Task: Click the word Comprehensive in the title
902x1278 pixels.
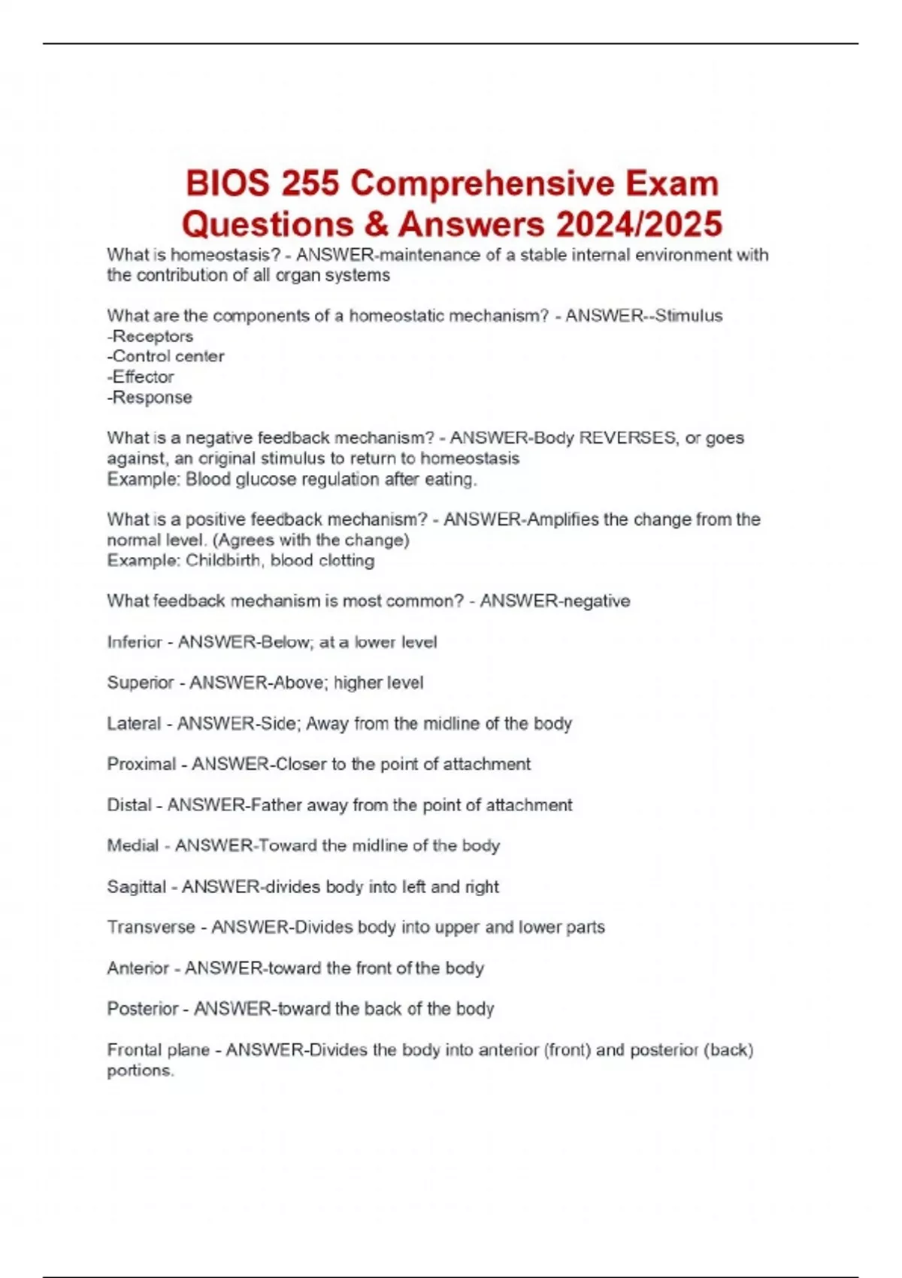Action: click(x=482, y=184)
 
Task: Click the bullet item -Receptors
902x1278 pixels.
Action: click(x=150, y=336)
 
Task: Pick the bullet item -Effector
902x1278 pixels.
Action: click(x=141, y=377)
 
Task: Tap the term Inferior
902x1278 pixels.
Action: click(x=135, y=642)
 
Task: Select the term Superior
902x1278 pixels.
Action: click(x=141, y=683)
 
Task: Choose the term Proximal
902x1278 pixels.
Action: click(x=141, y=764)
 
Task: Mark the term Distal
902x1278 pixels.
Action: click(x=129, y=805)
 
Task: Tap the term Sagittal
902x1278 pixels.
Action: click(x=136, y=886)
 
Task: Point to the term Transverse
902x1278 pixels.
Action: click(x=151, y=927)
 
